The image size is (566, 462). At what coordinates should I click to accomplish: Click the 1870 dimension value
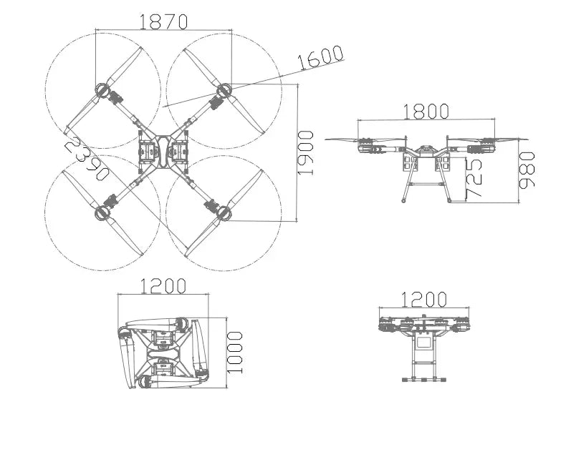point(163,22)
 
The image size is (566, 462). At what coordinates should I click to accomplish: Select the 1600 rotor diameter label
point(320,58)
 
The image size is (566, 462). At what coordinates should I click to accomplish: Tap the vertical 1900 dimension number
point(306,153)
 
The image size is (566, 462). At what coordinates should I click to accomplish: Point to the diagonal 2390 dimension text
point(87,158)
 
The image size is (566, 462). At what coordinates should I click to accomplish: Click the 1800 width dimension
point(426,112)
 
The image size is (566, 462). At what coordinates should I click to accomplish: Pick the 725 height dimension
point(474,179)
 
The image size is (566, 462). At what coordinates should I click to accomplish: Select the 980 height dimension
point(528,170)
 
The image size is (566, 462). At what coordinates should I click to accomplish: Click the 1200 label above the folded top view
point(163,286)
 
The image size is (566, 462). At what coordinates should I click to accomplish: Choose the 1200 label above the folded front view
point(423,299)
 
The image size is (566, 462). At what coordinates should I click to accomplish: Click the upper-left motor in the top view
point(102,90)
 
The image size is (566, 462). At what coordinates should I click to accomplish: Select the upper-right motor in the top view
point(224,90)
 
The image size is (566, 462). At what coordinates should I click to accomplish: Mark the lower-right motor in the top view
point(224,212)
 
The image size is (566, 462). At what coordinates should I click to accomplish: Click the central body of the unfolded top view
point(163,152)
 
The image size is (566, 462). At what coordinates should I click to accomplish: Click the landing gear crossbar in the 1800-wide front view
point(426,185)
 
